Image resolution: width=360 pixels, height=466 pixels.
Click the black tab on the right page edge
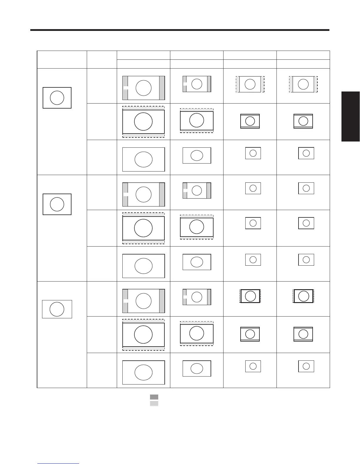coord(351,116)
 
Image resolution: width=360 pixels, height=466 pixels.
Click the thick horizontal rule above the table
coord(180,30)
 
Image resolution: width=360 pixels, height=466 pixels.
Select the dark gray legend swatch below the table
coord(154,397)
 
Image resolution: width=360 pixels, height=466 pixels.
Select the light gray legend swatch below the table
coord(154,404)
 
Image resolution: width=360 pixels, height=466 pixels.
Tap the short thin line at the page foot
coord(58,464)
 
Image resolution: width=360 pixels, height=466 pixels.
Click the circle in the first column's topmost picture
coord(57,98)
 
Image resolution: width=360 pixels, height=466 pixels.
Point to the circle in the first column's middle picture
coord(57,204)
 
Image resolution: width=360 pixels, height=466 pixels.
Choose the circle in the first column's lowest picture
coord(57,309)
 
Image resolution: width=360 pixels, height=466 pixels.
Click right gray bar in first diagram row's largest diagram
coord(162,88)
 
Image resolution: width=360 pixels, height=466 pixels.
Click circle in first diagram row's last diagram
coord(303,84)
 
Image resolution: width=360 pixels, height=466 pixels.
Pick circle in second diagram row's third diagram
coord(250,121)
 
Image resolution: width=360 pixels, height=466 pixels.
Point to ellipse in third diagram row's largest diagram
coord(144,159)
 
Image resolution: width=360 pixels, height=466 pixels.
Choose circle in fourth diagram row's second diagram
coord(197,190)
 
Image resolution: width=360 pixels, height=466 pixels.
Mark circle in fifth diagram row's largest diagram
coord(143,228)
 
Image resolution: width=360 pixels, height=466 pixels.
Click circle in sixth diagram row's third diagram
coord(253,260)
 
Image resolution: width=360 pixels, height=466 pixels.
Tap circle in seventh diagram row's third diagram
coord(250,296)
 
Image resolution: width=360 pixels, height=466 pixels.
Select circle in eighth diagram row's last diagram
coord(303,334)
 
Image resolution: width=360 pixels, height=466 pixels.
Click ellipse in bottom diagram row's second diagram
coord(197,368)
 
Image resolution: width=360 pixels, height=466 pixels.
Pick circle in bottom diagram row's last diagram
coord(306,366)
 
